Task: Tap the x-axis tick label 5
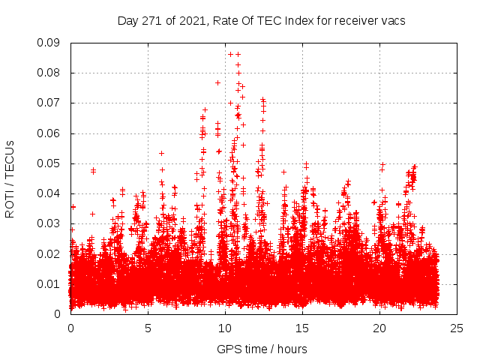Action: point(148,328)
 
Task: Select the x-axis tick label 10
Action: point(225,328)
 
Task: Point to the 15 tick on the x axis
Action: point(302,328)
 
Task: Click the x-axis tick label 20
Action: point(379,328)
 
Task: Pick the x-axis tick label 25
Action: point(457,328)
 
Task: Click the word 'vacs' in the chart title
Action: point(391,21)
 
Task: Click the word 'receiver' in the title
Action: point(352,21)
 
